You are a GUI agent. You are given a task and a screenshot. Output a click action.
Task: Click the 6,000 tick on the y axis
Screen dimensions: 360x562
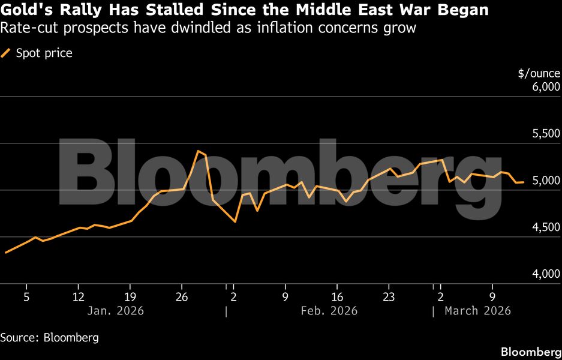(545, 88)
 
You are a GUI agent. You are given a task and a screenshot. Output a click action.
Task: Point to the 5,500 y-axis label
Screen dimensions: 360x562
(545, 134)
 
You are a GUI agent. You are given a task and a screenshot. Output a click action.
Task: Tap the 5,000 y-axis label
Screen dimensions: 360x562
(545, 181)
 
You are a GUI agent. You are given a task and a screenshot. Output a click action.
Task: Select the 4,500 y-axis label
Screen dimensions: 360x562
(545, 227)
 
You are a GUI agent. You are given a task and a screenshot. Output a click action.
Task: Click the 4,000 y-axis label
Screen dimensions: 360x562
(545, 274)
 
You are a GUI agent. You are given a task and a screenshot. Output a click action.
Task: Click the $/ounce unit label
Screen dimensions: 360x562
(539, 74)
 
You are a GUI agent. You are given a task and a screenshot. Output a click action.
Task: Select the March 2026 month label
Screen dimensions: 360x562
(477, 311)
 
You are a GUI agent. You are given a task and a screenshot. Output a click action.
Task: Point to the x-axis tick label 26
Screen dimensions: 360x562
(182, 296)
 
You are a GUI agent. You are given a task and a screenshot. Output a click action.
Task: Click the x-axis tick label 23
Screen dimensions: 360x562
(389, 296)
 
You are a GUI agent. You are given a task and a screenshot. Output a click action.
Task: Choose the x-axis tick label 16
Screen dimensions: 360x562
(337, 296)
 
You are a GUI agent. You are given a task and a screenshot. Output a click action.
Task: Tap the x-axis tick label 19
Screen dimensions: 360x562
(131, 296)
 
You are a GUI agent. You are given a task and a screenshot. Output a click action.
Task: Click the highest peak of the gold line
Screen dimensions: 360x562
(198, 151)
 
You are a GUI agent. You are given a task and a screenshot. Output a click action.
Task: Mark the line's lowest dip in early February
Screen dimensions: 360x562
(235, 221)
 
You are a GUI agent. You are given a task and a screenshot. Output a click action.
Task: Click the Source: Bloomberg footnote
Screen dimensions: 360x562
(49, 337)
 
